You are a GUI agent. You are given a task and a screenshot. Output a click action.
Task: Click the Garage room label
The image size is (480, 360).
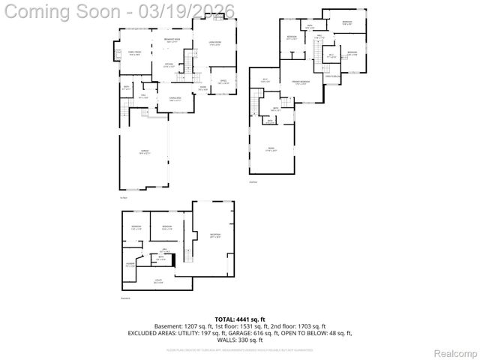pos(145,152)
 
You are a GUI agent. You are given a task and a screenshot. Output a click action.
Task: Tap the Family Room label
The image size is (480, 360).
pos(135,53)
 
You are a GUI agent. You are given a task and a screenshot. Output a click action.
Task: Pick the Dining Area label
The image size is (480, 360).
pos(175,99)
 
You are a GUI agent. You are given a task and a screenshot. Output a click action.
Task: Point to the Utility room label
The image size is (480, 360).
pos(159,282)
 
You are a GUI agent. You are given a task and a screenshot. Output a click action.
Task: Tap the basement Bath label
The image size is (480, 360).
pos(161,258)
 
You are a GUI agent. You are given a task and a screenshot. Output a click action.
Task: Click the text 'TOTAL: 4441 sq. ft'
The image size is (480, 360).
pos(241,319)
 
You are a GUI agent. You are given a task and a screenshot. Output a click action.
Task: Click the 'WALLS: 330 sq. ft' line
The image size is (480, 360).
pos(241,340)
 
